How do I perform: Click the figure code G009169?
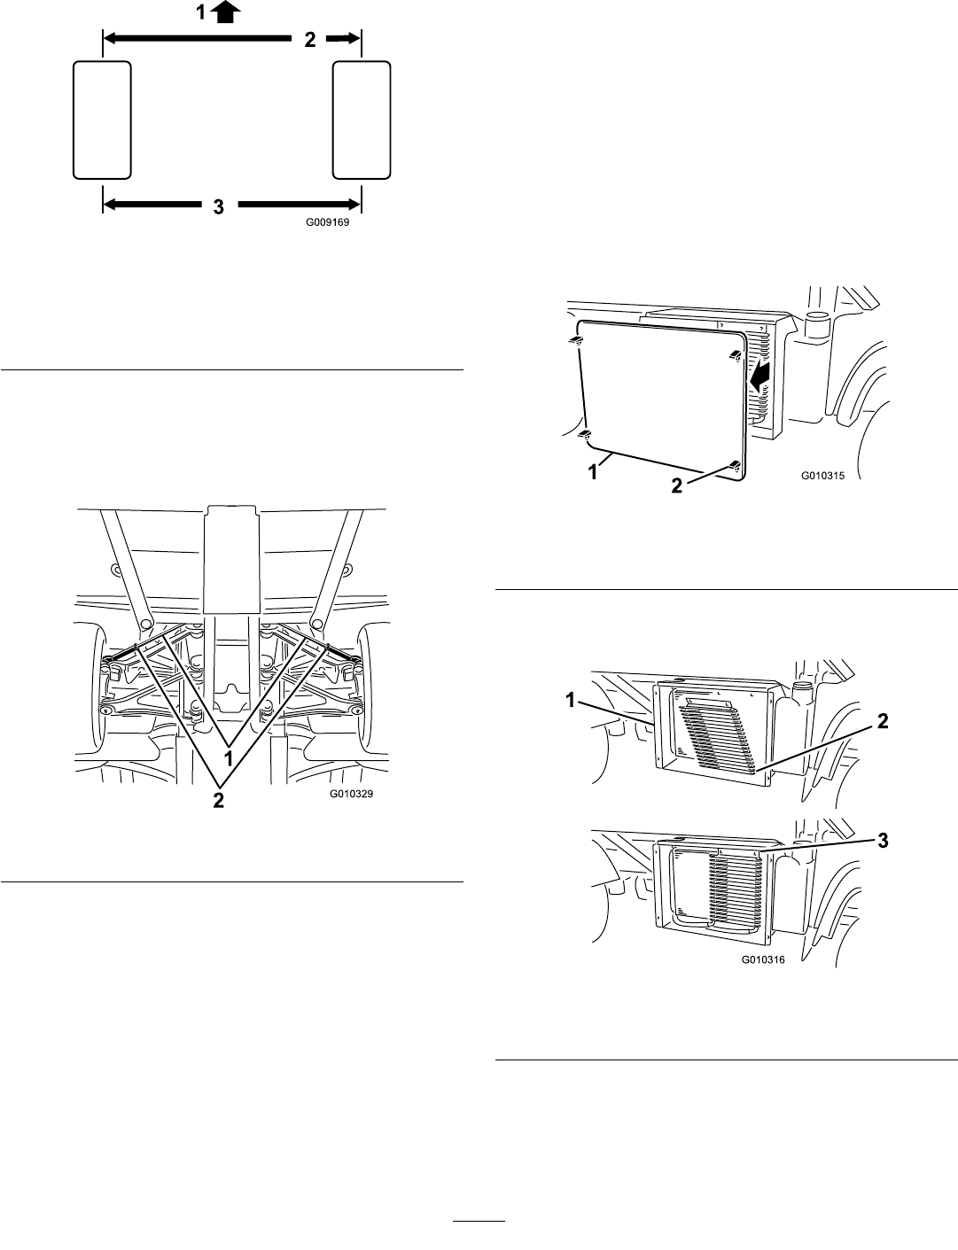coord(327,222)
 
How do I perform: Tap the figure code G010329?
coord(351,794)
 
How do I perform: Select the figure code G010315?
coord(822,476)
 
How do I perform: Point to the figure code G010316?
coord(763,959)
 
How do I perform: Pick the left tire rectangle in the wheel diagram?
coord(103,120)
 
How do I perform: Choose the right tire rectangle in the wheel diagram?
coord(362,120)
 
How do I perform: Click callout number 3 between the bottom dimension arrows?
coord(219,207)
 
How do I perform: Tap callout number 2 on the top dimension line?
coord(310,40)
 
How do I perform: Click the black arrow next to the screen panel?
coord(759,378)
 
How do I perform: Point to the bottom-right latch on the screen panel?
coord(734,465)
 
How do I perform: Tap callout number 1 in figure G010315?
coord(593,472)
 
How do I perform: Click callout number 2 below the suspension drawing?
coord(219,800)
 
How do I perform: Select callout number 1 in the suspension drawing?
coord(229,758)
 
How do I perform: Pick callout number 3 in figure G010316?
coord(883,841)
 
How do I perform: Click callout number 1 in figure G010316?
coord(571,700)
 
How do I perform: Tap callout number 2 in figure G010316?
coord(883,721)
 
